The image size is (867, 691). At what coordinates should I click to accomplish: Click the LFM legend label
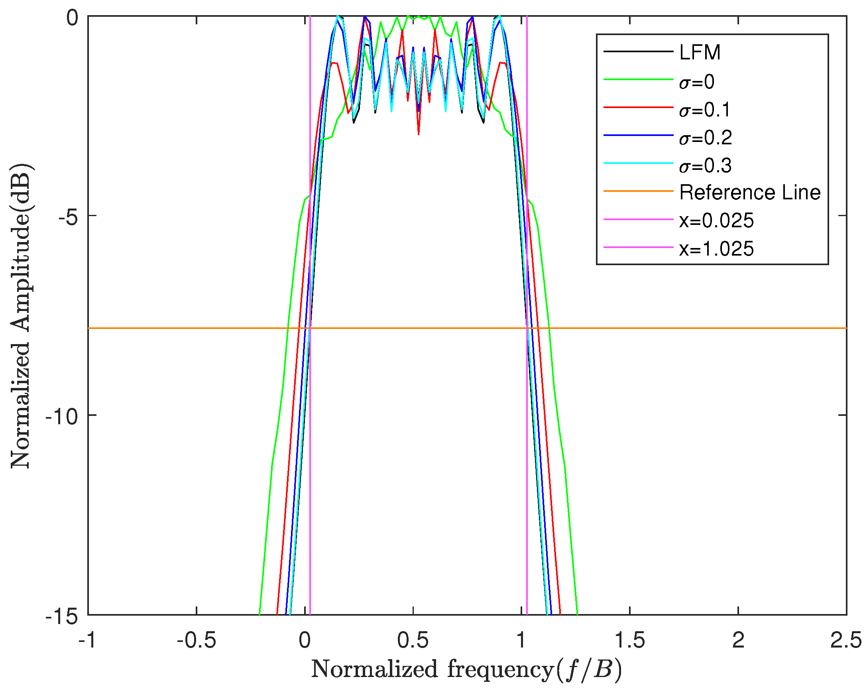tap(700, 53)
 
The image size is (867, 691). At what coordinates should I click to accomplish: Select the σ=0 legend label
tap(697, 82)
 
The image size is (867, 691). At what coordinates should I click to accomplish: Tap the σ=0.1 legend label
tap(705, 110)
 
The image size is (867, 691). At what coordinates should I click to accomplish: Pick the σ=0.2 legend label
tap(705, 138)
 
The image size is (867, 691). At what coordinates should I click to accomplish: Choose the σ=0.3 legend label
tap(705, 166)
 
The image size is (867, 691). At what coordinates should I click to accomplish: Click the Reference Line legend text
tap(750, 193)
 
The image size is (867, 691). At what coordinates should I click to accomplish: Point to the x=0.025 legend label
tap(716, 221)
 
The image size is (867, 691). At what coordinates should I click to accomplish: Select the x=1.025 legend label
tap(716, 249)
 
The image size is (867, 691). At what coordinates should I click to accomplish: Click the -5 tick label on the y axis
tap(67, 216)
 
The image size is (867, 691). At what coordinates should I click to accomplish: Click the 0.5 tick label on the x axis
tap(413, 640)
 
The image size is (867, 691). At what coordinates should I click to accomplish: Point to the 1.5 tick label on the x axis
tap(630, 640)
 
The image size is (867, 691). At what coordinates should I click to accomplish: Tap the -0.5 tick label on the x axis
tap(196, 640)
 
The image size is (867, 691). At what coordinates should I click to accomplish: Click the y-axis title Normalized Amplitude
tap(21, 316)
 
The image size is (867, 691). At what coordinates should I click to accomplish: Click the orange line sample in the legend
tap(638, 191)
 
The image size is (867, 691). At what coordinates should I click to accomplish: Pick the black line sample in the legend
tap(638, 51)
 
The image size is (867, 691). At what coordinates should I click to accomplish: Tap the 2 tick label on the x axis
tap(738, 640)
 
